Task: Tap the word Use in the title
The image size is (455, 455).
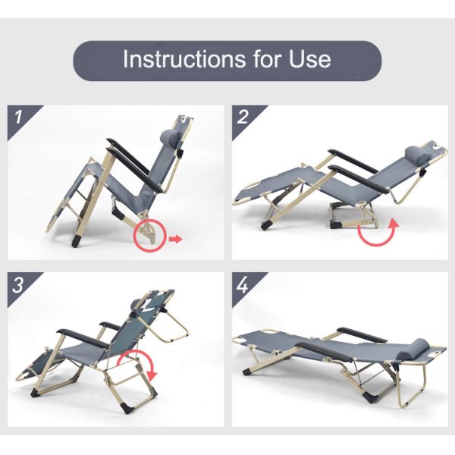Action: point(309,59)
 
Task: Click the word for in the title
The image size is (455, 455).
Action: point(267,59)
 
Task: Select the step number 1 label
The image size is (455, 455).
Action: point(18,117)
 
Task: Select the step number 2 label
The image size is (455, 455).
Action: point(243,117)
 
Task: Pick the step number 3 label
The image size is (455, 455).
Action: point(17,284)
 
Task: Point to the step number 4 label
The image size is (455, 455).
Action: point(243,284)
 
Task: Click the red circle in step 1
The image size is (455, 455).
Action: point(150,235)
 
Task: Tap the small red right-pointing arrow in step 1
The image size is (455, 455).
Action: point(176,240)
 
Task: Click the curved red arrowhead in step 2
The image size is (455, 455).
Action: point(394,224)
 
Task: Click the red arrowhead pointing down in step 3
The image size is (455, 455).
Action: point(152,375)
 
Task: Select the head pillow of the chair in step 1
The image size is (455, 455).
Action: point(169,136)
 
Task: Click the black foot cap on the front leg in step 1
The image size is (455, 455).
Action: point(76,241)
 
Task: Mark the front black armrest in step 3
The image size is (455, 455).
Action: point(82,338)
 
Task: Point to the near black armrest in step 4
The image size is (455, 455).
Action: point(325,352)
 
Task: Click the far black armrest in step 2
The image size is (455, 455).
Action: point(353,162)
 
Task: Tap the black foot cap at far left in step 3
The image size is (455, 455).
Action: point(35,392)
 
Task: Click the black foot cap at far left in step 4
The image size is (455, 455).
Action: point(246,372)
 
